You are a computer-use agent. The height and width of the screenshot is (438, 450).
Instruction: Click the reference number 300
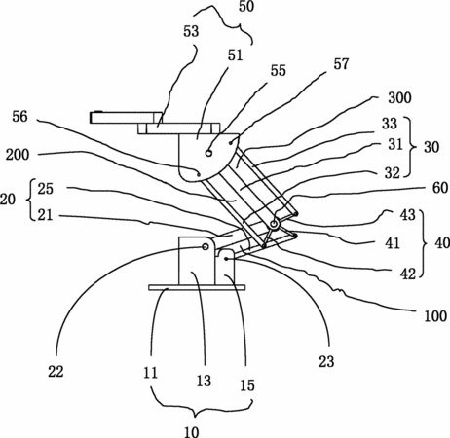point(399,97)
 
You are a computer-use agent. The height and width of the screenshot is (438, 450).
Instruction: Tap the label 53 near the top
point(191,31)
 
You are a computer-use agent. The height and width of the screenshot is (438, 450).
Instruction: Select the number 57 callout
point(341,64)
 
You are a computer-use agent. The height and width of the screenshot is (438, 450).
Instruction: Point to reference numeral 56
point(19,117)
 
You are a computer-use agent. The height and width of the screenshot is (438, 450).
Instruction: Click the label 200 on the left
point(18,155)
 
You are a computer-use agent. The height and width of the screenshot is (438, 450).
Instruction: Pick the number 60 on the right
point(440,188)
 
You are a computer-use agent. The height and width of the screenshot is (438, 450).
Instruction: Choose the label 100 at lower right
point(435,315)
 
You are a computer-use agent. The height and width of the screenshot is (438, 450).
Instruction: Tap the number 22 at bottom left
point(56,372)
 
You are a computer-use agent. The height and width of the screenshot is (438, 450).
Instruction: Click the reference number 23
point(326,361)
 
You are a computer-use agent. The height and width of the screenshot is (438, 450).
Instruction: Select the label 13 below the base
point(204,381)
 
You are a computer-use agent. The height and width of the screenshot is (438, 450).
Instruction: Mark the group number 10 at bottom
point(191,432)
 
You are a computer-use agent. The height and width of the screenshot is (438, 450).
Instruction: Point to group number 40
point(442,243)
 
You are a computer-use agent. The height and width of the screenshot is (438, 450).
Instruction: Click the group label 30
point(431,147)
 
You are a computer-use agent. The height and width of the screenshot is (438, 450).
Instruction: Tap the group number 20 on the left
point(8,200)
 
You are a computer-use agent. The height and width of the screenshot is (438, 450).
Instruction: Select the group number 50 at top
point(246,7)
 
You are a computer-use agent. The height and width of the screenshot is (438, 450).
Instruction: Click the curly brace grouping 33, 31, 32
point(411,147)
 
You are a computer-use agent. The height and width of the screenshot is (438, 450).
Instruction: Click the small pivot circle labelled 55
point(208,153)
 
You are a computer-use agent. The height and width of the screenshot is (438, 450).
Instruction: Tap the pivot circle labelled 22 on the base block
point(206,247)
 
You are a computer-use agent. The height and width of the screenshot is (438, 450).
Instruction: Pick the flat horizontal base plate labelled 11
point(197,287)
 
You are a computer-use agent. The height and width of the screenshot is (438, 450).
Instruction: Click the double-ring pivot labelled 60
point(274,224)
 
